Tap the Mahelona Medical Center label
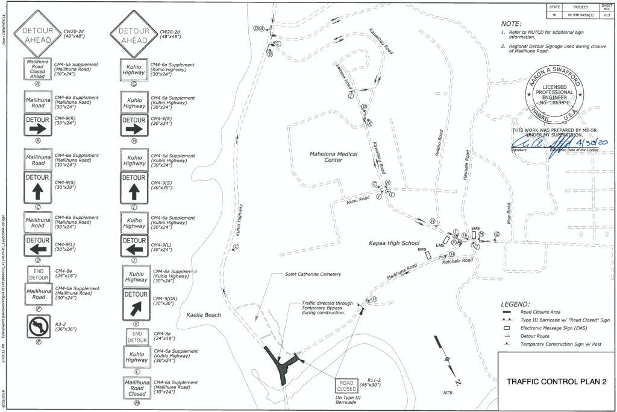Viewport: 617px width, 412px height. coord(326,156)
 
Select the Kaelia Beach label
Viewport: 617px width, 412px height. coord(204,315)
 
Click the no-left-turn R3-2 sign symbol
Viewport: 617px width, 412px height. coord(39,326)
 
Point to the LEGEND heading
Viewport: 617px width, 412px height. coord(515,305)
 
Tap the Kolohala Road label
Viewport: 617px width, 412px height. coord(456,261)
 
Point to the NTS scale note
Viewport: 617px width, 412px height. coord(448,392)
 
